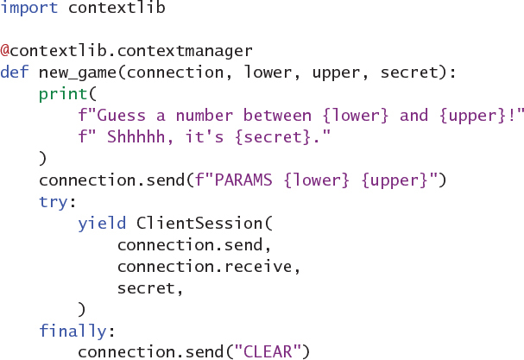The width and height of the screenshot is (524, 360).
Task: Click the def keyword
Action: point(15,72)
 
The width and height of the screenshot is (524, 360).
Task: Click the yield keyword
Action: point(102,223)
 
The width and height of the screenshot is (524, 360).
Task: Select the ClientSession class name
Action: point(200,223)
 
